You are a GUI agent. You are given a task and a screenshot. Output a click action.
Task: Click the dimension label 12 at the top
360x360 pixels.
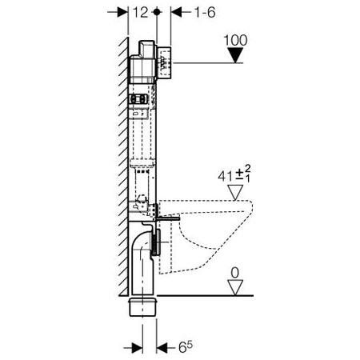click(140, 12)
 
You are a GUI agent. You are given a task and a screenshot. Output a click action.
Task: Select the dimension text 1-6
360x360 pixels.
click(205, 12)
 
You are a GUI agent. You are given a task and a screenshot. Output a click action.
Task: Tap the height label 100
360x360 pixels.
click(235, 40)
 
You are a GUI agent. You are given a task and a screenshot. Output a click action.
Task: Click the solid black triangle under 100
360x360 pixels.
click(235, 55)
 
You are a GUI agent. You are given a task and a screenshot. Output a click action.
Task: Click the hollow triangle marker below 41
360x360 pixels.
click(235, 192)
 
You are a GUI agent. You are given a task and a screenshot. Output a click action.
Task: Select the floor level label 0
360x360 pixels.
click(234, 273)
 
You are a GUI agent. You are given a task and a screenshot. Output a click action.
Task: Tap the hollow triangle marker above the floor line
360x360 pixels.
click(235, 287)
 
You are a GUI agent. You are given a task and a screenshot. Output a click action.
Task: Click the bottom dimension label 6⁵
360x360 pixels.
click(186, 346)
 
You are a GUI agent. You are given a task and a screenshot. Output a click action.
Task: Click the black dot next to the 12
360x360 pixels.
click(157, 12)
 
